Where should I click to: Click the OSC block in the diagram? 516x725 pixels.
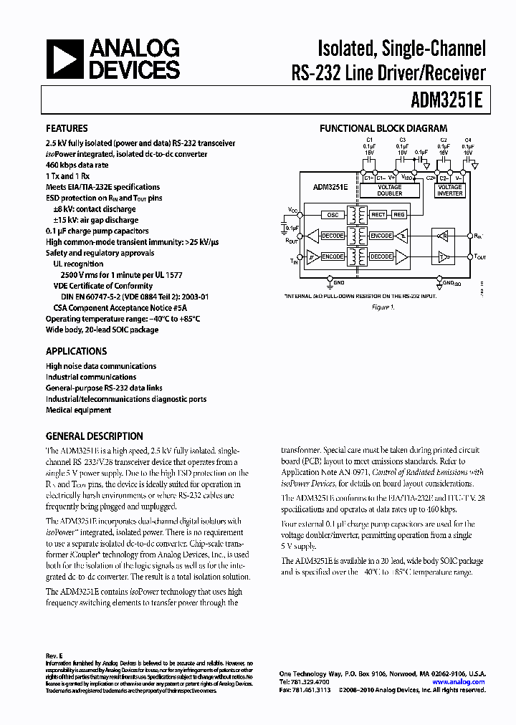click(332, 214)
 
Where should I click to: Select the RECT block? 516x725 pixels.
click(378, 214)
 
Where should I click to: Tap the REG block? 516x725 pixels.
click(399, 214)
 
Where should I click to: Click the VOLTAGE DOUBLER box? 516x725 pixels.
click(390, 191)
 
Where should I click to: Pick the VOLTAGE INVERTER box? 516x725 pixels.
click(450, 191)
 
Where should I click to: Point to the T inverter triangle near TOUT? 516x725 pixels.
click(443, 256)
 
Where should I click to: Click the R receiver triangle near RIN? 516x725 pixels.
click(443, 235)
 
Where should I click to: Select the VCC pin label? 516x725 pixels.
click(292, 210)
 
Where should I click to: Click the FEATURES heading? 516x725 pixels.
click(67, 128)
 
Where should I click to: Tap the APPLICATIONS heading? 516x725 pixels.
click(76, 351)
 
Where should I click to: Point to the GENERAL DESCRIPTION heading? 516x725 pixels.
click(94, 436)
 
